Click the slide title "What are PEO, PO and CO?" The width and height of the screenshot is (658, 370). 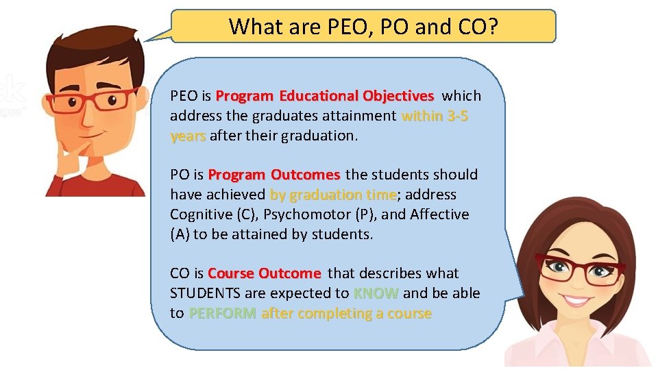click(x=363, y=27)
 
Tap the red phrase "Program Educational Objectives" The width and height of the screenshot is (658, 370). click(x=324, y=96)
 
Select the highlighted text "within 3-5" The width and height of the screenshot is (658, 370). click(x=435, y=116)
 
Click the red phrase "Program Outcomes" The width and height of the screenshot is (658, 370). click(x=274, y=175)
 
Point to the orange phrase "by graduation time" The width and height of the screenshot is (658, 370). click(x=333, y=195)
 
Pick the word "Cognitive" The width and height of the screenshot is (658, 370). click(x=201, y=214)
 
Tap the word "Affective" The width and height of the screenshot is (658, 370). click(x=439, y=214)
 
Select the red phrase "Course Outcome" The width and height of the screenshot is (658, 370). click(x=264, y=273)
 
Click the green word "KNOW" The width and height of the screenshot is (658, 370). click(x=376, y=293)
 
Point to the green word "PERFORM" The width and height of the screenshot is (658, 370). click(x=223, y=313)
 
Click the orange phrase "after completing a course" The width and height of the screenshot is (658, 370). click(x=346, y=313)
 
